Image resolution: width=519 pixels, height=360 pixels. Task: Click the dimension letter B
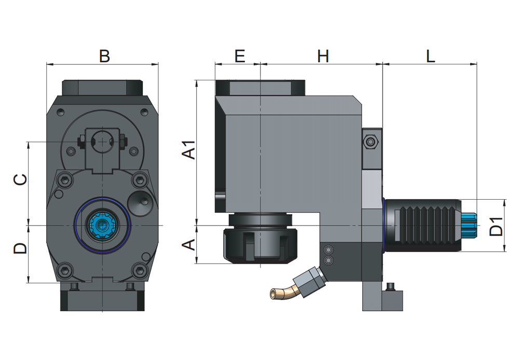[104, 56]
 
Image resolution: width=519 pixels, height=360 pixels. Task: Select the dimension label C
[20, 179]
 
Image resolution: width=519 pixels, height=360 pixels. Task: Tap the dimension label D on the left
[20, 248]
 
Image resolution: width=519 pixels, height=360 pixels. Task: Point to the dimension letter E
[239, 56]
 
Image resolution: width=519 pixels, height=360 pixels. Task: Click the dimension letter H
[323, 56]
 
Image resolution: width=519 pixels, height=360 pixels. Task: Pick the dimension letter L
[430, 56]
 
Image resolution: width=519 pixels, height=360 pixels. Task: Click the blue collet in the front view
[102, 225]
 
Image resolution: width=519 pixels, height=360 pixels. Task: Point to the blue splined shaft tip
[468, 225]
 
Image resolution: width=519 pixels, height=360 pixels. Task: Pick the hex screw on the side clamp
[371, 142]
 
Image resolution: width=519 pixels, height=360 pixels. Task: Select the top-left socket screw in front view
[65, 180]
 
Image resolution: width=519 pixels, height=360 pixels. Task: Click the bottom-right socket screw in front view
[139, 270]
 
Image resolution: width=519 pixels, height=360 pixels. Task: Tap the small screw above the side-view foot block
[390, 286]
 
